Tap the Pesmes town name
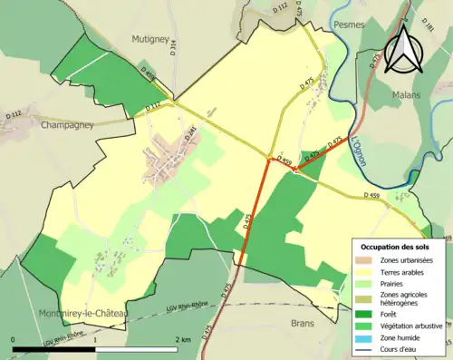click(349, 24)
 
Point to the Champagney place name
click(67, 125)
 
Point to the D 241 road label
click(191, 132)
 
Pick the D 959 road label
click(284, 161)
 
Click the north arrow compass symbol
click(404, 47)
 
